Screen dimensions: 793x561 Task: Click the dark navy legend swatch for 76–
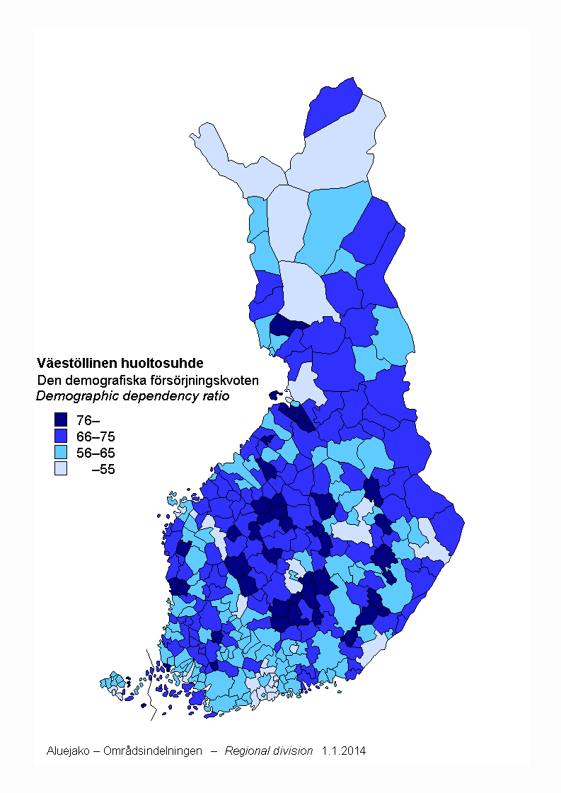61,419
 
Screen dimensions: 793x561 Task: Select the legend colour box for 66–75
61,436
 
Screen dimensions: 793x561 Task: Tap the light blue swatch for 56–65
61,452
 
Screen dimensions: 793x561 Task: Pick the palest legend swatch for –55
61,468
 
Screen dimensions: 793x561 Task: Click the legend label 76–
88,420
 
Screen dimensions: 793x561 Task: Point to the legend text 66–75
95,436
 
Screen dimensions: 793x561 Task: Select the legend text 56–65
95,453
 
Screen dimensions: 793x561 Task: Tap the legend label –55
103,469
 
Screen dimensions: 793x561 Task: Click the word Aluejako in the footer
67,751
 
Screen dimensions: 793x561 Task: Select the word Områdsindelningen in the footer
152,751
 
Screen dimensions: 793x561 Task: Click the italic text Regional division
268,751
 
